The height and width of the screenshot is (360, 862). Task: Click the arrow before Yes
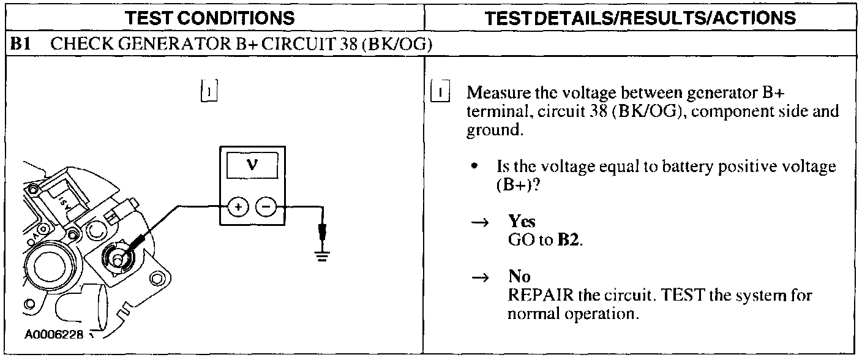point(482,225)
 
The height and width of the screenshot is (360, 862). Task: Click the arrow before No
point(482,278)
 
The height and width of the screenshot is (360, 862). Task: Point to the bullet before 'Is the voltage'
point(483,167)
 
